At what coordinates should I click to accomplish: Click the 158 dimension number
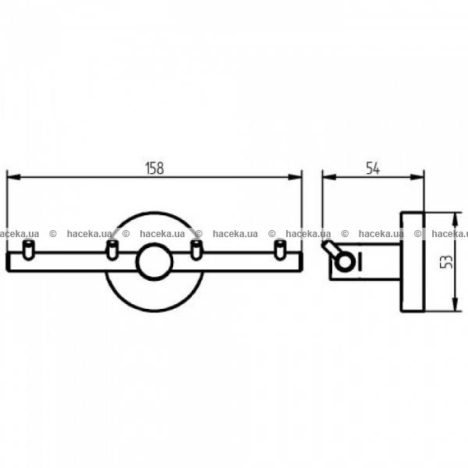155,168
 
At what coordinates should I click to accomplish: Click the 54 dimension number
373,168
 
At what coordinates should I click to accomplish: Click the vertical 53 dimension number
447,262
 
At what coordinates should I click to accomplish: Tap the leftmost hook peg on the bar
29,250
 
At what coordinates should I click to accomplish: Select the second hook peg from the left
112,250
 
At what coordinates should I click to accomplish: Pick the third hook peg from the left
196,250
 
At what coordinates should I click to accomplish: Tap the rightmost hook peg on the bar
280,250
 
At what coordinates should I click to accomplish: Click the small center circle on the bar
154,262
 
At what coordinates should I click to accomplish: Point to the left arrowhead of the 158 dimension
14,177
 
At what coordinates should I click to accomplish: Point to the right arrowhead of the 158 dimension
295,177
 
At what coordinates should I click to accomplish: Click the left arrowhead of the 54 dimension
329,177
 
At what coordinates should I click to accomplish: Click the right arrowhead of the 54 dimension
417,177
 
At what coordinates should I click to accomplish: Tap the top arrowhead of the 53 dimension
455,219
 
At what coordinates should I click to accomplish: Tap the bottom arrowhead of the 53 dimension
455,305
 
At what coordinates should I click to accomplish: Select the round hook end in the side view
345,262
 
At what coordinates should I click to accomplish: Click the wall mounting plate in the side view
412,262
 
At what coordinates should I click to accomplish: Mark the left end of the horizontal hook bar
7,262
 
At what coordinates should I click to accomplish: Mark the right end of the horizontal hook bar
301,262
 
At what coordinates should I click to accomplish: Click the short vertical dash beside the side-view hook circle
360,262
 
